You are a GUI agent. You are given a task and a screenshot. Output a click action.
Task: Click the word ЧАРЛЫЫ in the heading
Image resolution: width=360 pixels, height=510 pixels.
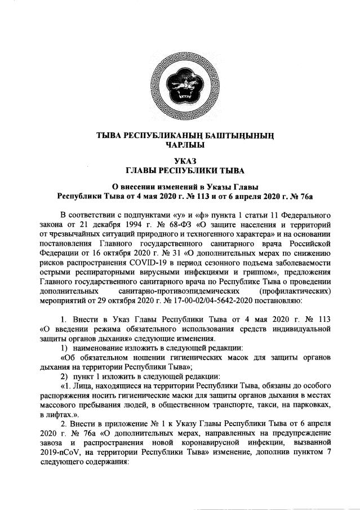180,145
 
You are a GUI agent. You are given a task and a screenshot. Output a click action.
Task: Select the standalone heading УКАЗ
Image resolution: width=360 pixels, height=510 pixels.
180,161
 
